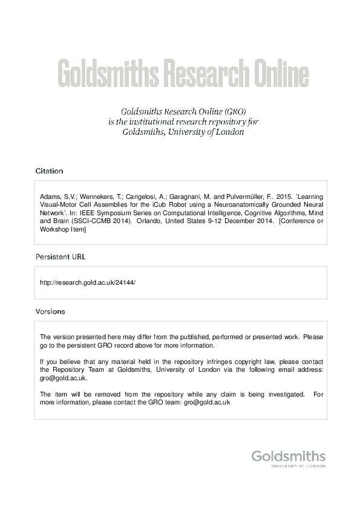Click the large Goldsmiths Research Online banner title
(x=183, y=74)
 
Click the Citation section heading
(x=49, y=171)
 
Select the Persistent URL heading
(x=61, y=256)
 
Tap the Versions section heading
(x=50, y=311)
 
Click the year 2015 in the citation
(x=283, y=197)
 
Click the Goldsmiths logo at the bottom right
(x=288, y=456)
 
